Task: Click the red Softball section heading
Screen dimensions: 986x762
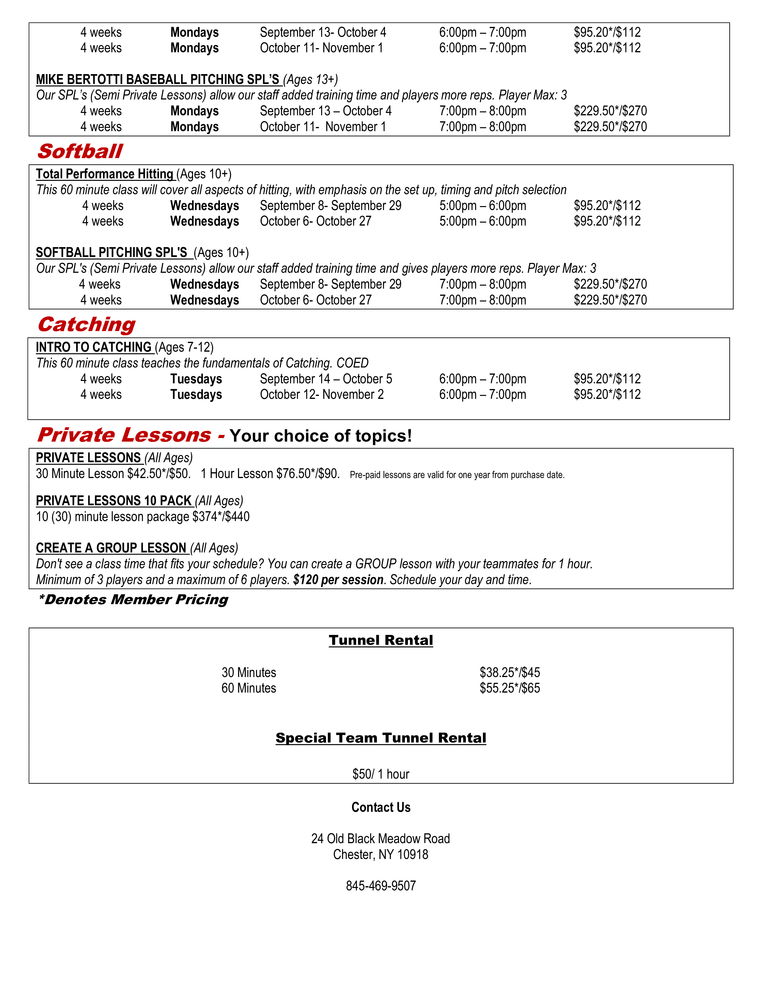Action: [x=80, y=151]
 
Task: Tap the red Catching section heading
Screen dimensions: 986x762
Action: [x=86, y=324]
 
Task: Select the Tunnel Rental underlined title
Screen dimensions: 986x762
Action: [x=380, y=640]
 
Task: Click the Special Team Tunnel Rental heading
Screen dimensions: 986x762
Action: [x=380, y=738]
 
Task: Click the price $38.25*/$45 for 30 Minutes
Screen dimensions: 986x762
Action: [x=510, y=673]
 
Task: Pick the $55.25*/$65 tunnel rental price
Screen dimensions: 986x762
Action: [x=510, y=688]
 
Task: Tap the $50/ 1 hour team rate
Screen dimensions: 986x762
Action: [x=380, y=774]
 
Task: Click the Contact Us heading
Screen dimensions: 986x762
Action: [x=380, y=807]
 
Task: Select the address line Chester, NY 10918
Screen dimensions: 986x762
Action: [x=380, y=855]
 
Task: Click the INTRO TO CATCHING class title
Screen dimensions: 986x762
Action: [x=94, y=347]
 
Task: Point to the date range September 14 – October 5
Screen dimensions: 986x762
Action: [x=326, y=379]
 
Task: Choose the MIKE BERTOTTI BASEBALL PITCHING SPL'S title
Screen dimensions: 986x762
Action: [x=157, y=79]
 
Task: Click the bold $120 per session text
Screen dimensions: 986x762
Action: [x=338, y=580]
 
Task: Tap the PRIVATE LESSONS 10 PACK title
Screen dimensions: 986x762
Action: [x=114, y=501]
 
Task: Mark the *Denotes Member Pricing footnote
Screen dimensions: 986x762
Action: [x=133, y=600]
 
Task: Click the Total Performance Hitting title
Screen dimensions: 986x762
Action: [x=105, y=174]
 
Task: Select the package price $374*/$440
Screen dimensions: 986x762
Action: [x=221, y=517]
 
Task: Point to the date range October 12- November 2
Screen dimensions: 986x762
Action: [x=322, y=395]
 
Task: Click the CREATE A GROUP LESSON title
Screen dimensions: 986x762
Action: [x=111, y=548]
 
